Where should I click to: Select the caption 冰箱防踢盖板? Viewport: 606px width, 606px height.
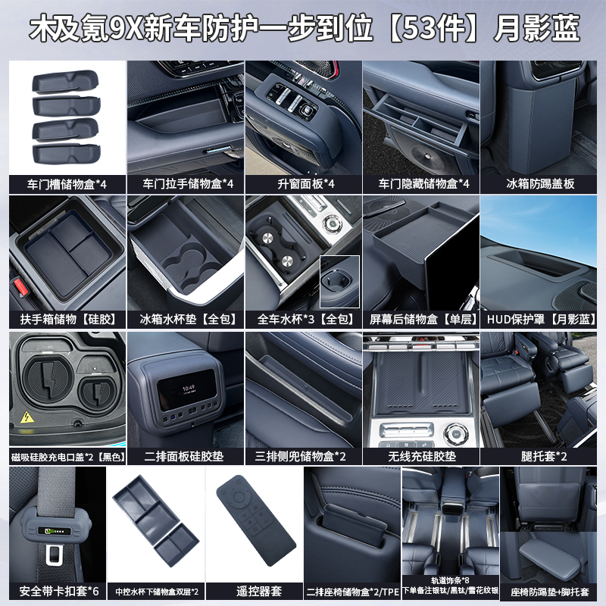point(540,183)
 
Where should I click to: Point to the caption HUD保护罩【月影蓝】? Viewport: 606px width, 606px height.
point(540,319)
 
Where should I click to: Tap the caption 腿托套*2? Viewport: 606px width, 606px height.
point(540,457)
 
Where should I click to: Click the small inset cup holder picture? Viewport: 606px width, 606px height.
point(339,280)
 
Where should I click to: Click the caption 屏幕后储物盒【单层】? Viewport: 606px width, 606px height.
point(420,319)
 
